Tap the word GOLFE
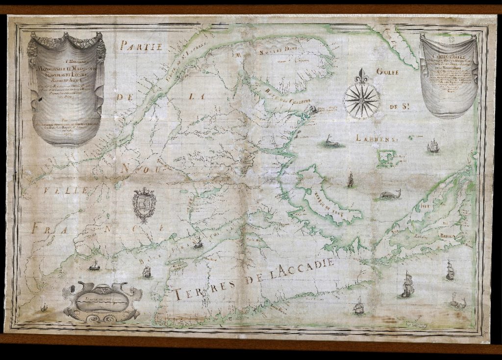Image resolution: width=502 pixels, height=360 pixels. pos(386,72)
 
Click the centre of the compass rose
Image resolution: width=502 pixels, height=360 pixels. pos(362,101)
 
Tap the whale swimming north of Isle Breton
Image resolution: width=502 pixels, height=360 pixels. pos(390,195)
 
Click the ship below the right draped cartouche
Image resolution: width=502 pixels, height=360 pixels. pos(432,146)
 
